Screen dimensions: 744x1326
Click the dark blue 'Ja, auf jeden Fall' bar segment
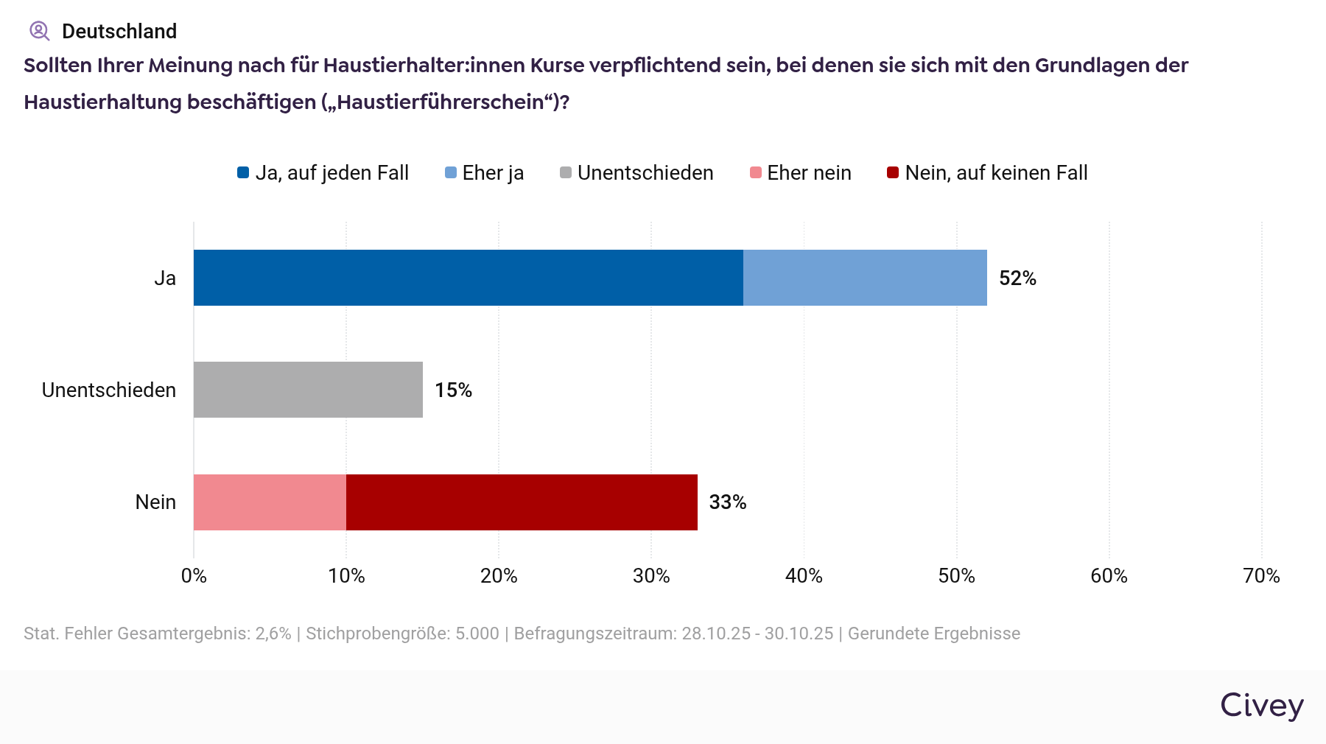468,278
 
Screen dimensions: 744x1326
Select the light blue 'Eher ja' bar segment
865,278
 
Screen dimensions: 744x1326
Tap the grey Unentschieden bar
308,390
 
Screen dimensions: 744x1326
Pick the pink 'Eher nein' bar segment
270,502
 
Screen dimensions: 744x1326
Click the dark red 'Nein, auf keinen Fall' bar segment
522,502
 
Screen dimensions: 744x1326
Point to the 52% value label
1017,278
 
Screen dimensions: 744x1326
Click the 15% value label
453,390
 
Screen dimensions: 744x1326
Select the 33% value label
728,502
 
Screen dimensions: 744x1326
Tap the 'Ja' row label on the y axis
165,278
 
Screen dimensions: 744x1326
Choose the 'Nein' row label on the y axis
155,502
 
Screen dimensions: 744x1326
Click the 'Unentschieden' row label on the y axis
109,390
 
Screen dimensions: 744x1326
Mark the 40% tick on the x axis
804,576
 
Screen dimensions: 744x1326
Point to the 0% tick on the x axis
194,576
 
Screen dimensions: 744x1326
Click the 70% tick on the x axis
1261,576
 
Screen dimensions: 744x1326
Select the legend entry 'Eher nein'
808,173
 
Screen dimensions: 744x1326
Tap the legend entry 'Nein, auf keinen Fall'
995,173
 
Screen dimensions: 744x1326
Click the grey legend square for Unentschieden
566,173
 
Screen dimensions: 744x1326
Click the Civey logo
1262,706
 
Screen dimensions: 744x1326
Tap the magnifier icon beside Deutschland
39,31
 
